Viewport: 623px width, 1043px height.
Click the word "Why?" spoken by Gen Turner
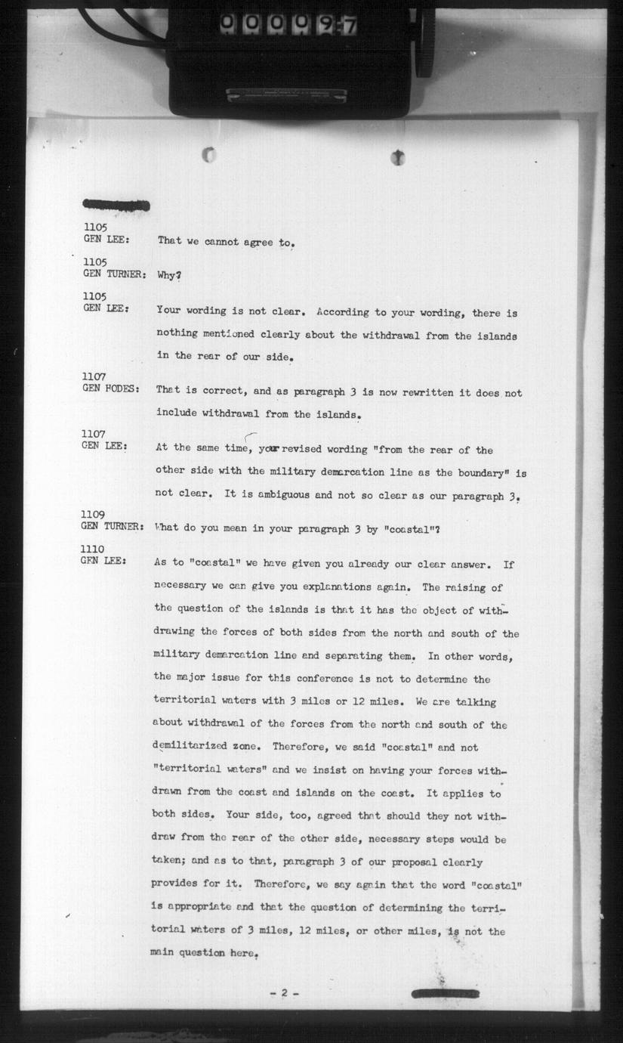coord(168,276)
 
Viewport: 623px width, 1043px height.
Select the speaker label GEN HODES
coord(111,388)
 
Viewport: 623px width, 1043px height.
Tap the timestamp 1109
coord(94,514)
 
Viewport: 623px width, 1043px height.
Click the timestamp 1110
coord(94,549)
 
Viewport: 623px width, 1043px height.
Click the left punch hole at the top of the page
coord(209,156)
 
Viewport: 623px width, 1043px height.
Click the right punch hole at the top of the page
coord(398,157)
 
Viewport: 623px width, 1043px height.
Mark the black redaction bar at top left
coord(116,205)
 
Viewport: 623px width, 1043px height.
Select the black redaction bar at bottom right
coord(445,992)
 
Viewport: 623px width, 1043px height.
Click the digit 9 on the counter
coord(325,25)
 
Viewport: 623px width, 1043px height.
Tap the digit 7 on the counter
coord(348,25)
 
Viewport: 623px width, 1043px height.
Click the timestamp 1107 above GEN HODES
coord(94,377)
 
